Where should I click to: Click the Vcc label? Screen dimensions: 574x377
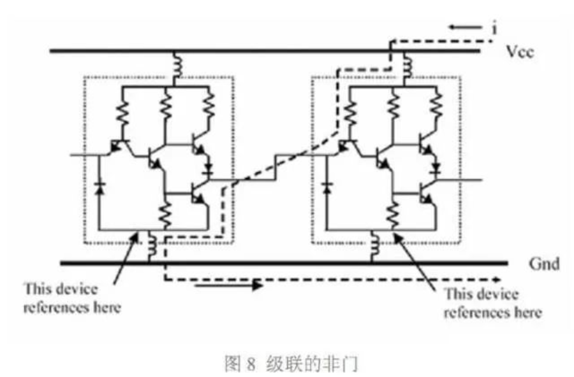coord(520,52)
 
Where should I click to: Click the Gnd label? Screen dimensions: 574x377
coord(545,264)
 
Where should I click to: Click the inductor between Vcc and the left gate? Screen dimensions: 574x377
coord(177,64)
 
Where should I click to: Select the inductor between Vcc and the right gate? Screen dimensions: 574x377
coord(407,65)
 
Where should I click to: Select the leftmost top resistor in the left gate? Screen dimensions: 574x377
coord(122,112)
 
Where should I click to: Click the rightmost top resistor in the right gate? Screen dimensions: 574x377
coord(437,104)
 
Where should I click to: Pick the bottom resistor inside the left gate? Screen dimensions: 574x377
coord(165,215)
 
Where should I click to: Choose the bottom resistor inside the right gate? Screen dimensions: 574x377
coord(393,215)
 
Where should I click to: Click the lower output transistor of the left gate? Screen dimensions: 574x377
coord(198,194)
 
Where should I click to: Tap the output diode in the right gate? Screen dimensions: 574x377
coord(436,169)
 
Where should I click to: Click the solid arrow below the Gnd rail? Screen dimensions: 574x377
coord(229,285)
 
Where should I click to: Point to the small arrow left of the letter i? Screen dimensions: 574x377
coord(465,27)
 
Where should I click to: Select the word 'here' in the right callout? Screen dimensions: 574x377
coord(528,313)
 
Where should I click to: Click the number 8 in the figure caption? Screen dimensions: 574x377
coord(251,364)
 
